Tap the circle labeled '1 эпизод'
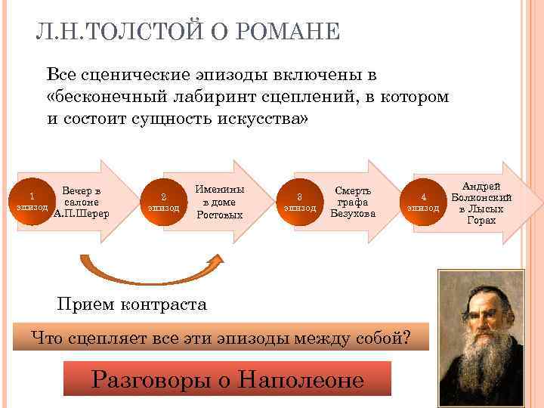coord(32,201)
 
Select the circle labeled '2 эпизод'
coord(164,202)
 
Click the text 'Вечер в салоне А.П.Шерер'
coord(82,202)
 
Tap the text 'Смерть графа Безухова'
coord(352,202)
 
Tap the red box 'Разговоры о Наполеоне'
coord(227,379)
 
